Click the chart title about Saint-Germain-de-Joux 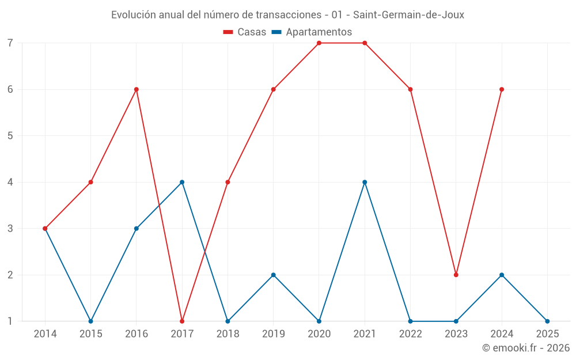(287, 15)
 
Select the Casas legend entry (245, 32)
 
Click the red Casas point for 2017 (182, 321)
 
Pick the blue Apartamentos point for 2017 (182, 182)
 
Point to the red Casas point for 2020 (319, 43)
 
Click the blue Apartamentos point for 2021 (365, 182)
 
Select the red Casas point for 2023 (456, 275)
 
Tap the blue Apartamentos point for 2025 (547, 321)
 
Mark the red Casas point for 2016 (137, 89)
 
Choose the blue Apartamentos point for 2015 (90, 321)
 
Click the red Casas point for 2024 (502, 89)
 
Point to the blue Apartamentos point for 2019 (274, 275)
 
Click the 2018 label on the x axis (228, 334)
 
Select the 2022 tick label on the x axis (410, 334)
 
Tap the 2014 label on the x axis (45, 334)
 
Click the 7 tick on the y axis (10, 43)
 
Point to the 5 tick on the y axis (10, 136)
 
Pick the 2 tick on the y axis (10, 275)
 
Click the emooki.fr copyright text (526, 348)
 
